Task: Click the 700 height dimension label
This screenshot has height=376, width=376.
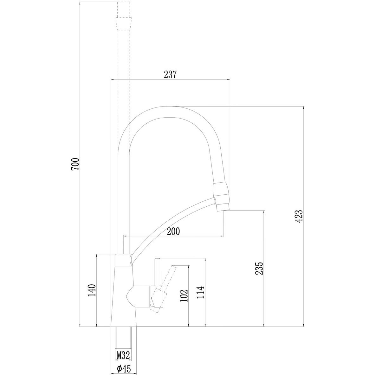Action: coord(75,164)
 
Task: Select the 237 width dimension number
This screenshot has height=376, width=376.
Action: coord(170,75)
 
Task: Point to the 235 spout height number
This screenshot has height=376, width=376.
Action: coord(259,268)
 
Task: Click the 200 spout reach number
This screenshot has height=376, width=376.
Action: coord(173,232)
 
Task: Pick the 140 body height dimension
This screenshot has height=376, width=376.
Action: coord(92,290)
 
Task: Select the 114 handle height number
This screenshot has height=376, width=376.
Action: coord(201,292)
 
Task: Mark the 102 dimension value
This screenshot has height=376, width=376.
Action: coord(184,296)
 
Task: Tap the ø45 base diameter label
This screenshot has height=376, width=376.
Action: coord(124,368)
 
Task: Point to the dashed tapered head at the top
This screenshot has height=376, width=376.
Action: coord(124,23)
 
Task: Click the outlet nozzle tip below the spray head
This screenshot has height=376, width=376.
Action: coord(222,207)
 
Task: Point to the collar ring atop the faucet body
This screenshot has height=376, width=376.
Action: coord(124,260)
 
